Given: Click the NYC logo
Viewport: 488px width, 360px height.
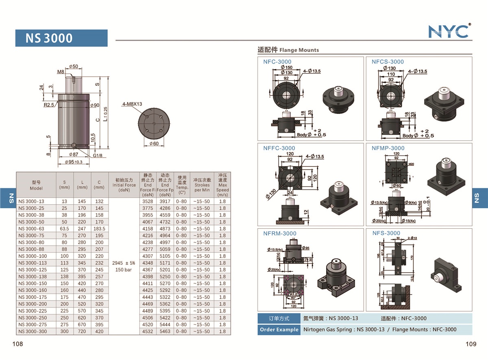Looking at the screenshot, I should coord(449,31).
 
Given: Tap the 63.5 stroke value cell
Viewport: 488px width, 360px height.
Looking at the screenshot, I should coord(64,229).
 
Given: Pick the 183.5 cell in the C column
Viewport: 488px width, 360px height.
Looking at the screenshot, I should coord(99,229).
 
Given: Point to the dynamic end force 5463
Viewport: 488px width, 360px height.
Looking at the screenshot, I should coord(165,332).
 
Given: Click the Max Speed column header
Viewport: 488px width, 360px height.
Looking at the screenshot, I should coord(222,185).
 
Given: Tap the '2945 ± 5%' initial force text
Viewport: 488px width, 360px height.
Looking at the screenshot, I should coord(124,263).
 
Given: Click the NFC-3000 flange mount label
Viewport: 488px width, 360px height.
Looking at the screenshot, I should coord(277,62).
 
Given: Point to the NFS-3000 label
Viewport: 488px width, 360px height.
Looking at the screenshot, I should coord(386,233).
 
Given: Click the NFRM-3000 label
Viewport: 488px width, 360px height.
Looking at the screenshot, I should coord(279,233).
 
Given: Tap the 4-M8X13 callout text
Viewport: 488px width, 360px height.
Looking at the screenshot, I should coord(132,104).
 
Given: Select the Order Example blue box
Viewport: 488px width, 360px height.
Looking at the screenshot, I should coord(279,329).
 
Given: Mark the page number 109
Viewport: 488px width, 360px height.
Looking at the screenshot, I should coord(471,344).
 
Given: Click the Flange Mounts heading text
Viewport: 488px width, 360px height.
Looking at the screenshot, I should coord(299,50).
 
